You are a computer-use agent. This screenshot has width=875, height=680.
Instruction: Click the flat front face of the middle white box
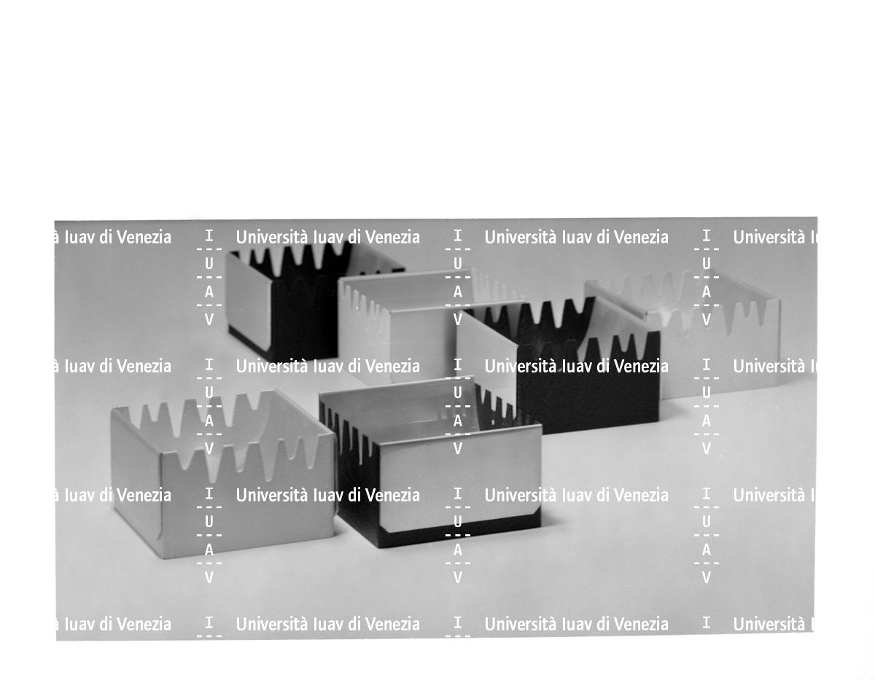pos(423,342)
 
